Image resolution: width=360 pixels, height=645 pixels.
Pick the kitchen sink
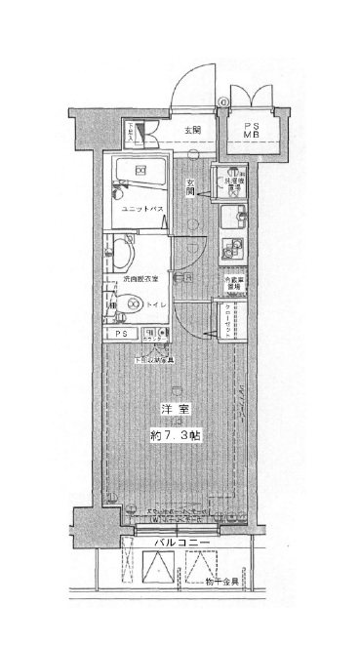pyautogui.click(x=234, y=217)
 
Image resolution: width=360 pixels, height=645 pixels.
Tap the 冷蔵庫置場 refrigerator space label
pyautogui.click(x=233, y=284)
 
